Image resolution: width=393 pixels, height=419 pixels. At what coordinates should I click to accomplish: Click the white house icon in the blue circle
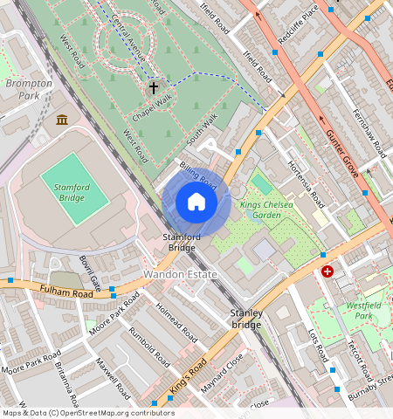(x=196, y=203)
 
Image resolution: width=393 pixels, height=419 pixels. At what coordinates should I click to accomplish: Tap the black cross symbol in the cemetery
(x=154, y=87)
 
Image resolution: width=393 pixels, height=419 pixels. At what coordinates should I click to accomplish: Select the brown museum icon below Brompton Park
(x=62, y=119)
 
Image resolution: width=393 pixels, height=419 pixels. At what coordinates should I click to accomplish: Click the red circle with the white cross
(x=327, y=272)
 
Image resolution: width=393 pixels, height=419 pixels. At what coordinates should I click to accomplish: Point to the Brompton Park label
(x=29, y=89)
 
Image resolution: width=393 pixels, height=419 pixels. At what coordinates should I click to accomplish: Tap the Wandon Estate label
(x=180, y=274)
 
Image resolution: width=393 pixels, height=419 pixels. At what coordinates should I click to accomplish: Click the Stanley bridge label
(x=245, y=319)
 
